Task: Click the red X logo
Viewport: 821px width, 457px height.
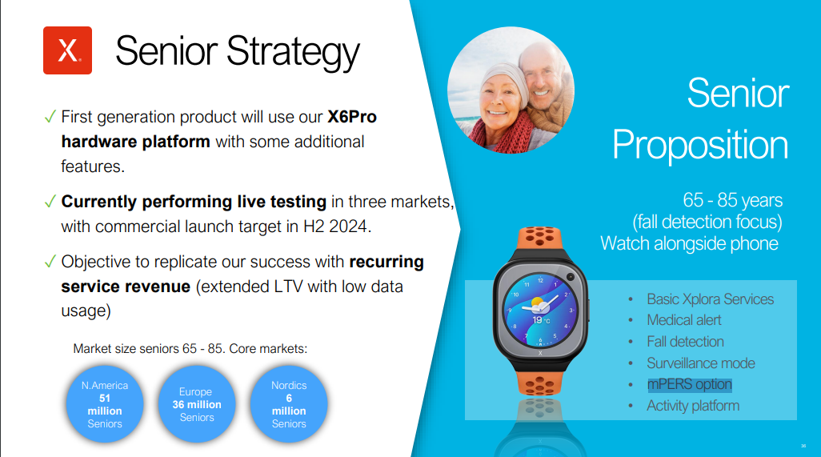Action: click(67, 50)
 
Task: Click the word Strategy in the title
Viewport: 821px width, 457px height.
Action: click(293, 52)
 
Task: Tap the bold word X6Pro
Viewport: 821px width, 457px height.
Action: click(352, 116)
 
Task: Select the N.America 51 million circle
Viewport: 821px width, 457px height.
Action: click(105, 404)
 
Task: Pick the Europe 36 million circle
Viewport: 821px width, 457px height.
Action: click(197, 404)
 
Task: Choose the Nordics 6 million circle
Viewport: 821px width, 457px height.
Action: click(289, 404)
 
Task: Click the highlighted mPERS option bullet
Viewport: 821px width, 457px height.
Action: click(690, 384)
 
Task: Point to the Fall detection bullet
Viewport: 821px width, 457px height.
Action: click(686, 341)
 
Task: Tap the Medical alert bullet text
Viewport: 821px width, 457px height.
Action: click(684, 320)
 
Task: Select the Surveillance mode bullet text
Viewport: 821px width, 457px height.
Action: click(701, 363)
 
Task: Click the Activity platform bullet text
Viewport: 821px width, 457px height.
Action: click(693, 406)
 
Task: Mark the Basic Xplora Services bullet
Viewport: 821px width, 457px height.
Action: click(711, 299)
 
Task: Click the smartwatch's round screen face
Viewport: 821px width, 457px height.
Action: click(540, 311)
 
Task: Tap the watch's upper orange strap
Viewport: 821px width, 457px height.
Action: click(540, 239)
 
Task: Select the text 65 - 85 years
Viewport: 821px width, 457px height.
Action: click(732, 200)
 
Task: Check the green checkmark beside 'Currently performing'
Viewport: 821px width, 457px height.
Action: click(50, 202)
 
